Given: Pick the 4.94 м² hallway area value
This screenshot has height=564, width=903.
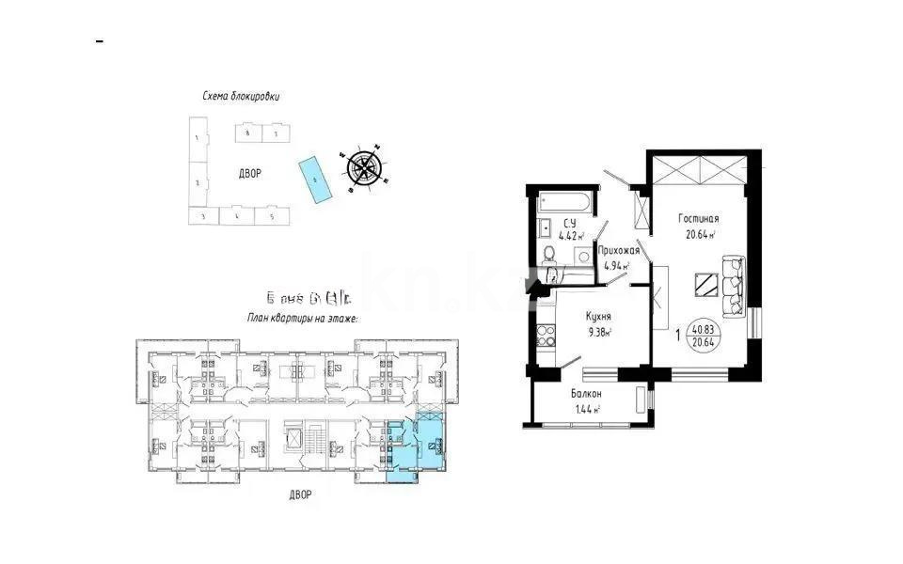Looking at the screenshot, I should click(x=616, y=266).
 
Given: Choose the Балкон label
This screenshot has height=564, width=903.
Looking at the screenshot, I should click(x=586, y=394).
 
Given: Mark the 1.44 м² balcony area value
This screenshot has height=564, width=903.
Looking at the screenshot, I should click(x=586, y=409).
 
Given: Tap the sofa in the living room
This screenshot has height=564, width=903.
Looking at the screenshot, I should click(x=734, y=285).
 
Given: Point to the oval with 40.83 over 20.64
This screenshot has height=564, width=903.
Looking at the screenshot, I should click(x=701, y=337).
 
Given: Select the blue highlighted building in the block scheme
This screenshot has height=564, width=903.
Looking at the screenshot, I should click(x=314, y=179).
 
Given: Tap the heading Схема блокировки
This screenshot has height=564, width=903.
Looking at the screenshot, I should click(x=241, y=96).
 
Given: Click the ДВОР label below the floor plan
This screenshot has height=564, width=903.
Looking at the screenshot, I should click(x=301, y=494).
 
